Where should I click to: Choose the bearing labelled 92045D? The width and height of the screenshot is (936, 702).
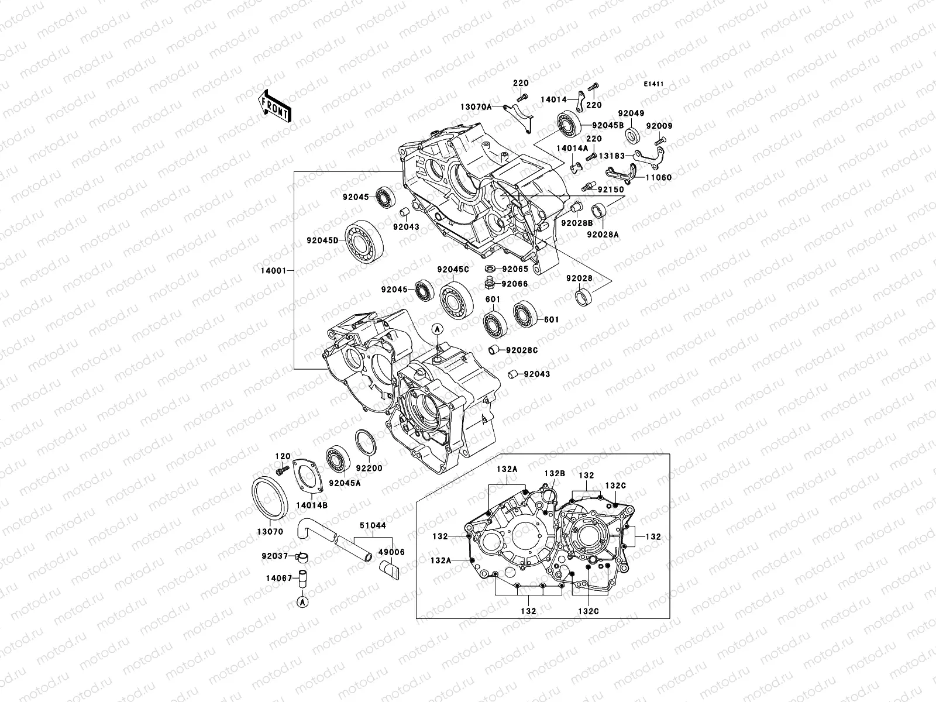[363, 244]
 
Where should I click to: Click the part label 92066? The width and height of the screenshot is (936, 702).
[515, 284]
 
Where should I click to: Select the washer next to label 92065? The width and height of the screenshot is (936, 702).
[490, 269]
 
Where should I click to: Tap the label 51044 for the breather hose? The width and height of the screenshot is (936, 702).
[373, 525]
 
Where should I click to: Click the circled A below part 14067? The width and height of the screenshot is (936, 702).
[302, 601]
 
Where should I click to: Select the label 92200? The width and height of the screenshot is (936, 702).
[369, 485]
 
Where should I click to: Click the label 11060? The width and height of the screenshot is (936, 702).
[659, 177]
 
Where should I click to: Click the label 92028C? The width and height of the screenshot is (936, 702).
[522, 350]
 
